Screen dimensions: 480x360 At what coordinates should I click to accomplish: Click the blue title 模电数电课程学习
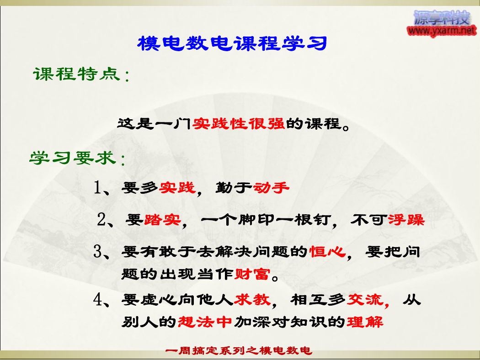(232, 43)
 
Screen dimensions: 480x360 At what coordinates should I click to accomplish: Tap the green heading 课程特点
(77, 74)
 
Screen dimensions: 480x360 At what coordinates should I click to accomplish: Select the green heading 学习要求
(73, 158)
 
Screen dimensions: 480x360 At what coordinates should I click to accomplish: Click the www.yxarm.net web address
(442, 31)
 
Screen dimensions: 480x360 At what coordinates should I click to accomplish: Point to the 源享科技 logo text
(442, 18)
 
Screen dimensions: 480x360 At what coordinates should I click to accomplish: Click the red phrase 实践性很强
(239, 123)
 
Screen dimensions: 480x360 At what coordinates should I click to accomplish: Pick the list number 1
(97, 187)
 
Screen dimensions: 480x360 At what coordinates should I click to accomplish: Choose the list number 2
(101, 219)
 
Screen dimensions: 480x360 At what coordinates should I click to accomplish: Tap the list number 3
(98, 251)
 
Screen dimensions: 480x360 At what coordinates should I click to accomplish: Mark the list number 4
(98, 299)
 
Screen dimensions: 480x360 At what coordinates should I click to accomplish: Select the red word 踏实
(163, 220)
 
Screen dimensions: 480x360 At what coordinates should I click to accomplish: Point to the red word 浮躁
(406, 220)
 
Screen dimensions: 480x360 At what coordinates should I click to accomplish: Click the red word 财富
(252, 274)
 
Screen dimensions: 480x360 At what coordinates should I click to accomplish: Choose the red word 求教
(252, 299)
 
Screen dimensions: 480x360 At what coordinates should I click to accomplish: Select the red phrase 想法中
(205, 322)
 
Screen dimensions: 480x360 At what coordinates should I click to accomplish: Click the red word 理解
(365, 322)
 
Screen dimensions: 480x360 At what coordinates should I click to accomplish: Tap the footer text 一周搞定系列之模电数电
(239, 350)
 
